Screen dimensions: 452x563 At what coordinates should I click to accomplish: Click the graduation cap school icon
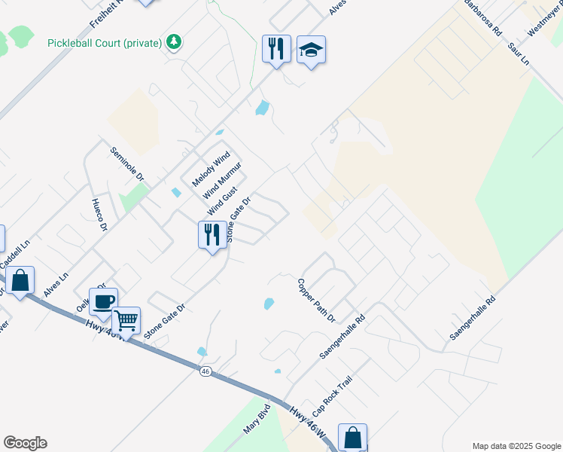[311, 50]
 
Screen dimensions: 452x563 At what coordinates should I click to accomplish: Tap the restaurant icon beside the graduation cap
[276, 49]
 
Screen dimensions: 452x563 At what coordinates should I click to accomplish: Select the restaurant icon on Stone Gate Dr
[212, 234]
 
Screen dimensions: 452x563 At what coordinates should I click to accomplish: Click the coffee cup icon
[103, 302]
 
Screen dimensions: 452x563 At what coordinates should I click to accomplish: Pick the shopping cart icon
[126, 321]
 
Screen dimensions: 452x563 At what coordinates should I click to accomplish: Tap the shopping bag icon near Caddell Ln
[21, 280]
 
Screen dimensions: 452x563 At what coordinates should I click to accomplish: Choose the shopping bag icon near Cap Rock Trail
[352, 437]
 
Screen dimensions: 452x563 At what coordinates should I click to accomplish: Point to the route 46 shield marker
[205, 371]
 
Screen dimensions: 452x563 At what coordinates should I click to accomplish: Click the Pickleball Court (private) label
[105, 43]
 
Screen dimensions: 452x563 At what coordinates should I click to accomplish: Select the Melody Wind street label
[210, 169]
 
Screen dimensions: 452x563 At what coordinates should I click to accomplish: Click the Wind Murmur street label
[222, 181]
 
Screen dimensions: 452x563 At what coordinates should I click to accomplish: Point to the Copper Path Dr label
[315, 300]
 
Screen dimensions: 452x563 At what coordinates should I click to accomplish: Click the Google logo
[25, 443]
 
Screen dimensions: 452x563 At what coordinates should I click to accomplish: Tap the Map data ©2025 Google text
[516, 446]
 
